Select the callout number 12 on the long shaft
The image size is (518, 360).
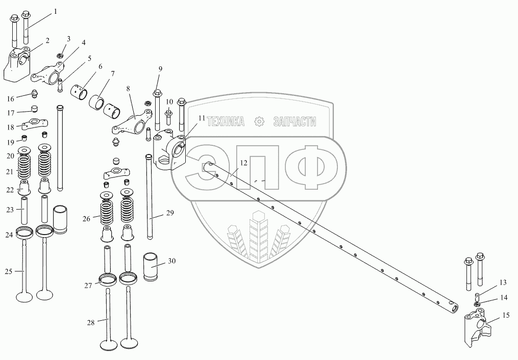[x=243, y=163]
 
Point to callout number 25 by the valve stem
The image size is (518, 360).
[x=9, y=272]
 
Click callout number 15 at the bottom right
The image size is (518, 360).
[x=506, y=316]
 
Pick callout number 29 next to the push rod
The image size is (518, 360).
[x=170, y=212]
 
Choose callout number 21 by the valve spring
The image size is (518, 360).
[x=9, y=172]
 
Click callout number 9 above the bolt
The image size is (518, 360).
[x=160, y=68]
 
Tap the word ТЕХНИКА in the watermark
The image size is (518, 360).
[x=225, y=121]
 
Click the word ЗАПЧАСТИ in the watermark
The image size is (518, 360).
[x=295, y=121]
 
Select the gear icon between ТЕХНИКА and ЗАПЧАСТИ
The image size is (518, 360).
[x=260, y=121]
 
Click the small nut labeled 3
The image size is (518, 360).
[x=60, y=54]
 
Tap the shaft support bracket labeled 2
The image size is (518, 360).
[x=18, y=65]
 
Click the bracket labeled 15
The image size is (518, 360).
[x=478, y=329]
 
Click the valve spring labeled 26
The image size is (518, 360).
[x=107, y=213]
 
